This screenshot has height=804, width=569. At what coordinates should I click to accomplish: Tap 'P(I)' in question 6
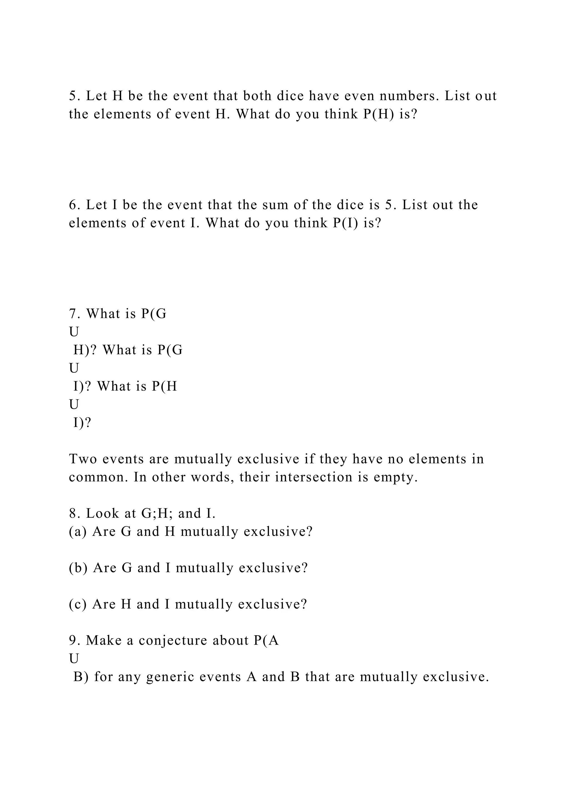point(345,223)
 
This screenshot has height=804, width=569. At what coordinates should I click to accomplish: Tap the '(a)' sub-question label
point(78,532)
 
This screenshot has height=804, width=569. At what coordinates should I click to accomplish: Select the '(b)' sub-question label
point(78,568)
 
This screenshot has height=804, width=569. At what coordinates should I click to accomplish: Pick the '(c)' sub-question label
point(78,604)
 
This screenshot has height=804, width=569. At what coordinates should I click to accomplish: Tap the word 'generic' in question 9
point(169,677)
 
